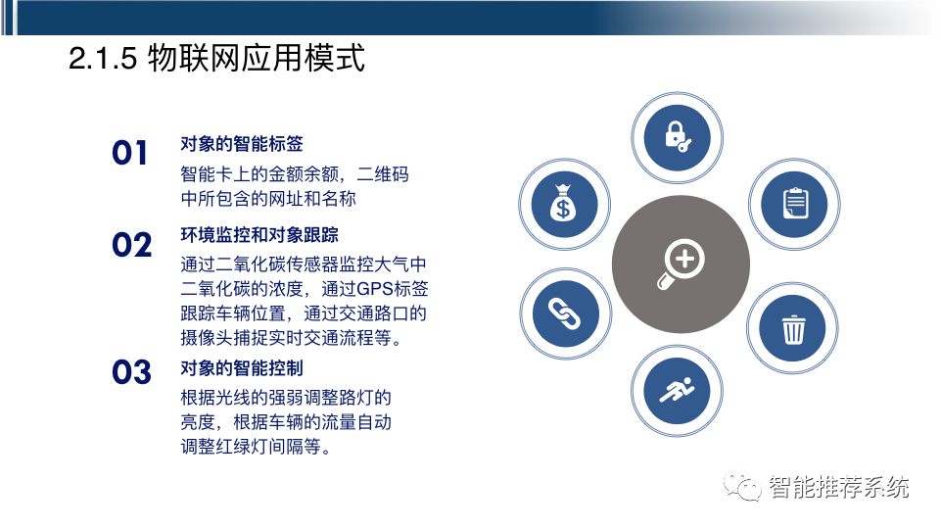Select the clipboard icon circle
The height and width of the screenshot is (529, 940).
[794, 203]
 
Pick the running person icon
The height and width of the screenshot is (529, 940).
[676, 391]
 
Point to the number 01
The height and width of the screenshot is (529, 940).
[130, 154]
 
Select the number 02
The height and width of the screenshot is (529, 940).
[131, 245]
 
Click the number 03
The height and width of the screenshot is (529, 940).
[131, 372]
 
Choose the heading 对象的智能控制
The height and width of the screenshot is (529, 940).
[242, 367]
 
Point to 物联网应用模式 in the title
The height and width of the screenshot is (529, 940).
[257, 58]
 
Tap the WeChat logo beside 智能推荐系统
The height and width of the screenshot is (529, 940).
[741, 486]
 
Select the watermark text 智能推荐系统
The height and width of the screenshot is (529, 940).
[839, 486]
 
